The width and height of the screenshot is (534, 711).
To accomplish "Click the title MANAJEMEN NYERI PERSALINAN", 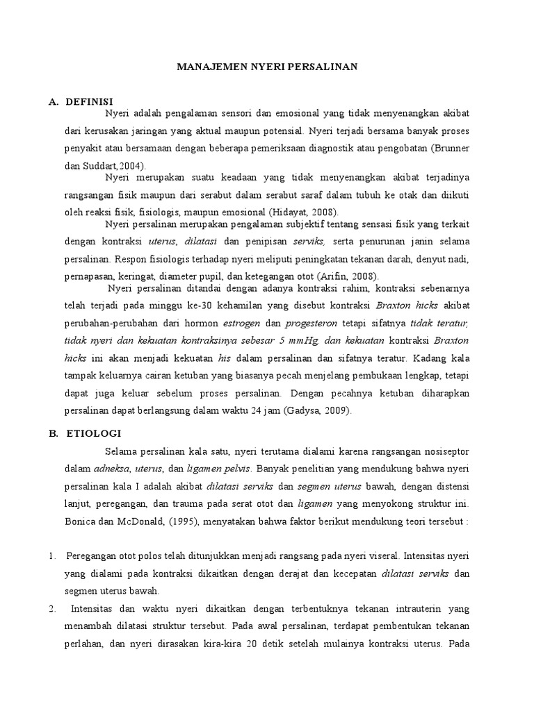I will [x=267, y=67].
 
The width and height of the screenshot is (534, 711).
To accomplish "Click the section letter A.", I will [x=52, y=101].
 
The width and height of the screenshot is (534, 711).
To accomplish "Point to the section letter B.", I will [x=52, y=433].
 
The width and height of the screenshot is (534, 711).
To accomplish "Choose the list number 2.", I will [x=51, y=609].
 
